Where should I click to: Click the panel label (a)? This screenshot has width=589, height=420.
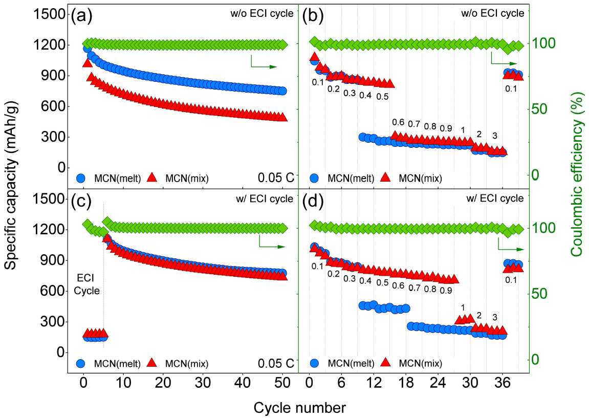(x=81, y=17)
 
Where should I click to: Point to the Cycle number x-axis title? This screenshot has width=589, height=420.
(x=300, y=407)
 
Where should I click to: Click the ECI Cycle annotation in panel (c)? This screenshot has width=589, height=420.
(x=87, y=284)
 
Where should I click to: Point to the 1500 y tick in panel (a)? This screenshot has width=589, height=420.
(x=48, y=14)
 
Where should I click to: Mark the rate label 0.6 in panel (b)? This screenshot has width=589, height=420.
(x=398, y=122)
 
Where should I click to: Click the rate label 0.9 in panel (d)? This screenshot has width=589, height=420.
(x=446, y=290)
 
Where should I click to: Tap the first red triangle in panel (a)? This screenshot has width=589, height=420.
(x=87, y=62)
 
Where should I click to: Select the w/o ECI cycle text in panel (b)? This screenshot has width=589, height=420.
(x=492, y=13)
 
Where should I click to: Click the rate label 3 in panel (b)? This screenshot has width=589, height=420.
(x=495, y=135)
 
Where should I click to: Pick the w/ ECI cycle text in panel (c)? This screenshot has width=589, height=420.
(x=265, y=198)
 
